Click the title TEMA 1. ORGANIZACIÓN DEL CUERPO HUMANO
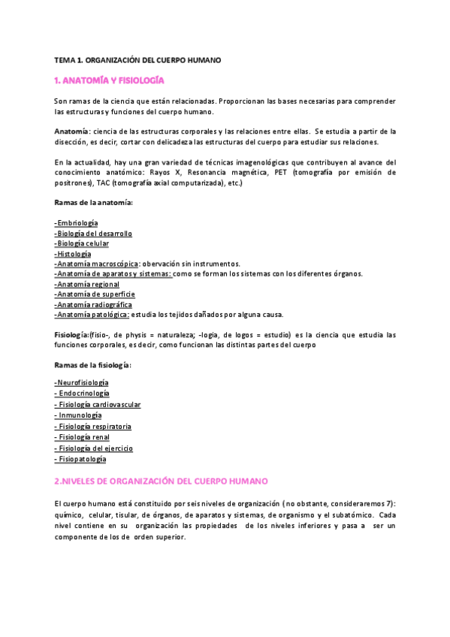[137, 59]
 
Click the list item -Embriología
[76, 223]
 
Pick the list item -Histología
[73, 254]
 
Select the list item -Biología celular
[82, 243]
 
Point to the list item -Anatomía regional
[87, 284]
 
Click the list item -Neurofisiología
[81, 383]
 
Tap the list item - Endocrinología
[82, 393]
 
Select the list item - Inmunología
[78, 415]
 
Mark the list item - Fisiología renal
[83, 436]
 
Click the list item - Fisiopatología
[80, 458]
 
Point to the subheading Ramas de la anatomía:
[94, 202]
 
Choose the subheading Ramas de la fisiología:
[93, 364]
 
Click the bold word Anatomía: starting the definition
[72, 131]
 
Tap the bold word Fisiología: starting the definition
[74, 334]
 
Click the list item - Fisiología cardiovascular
[98, 404]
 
